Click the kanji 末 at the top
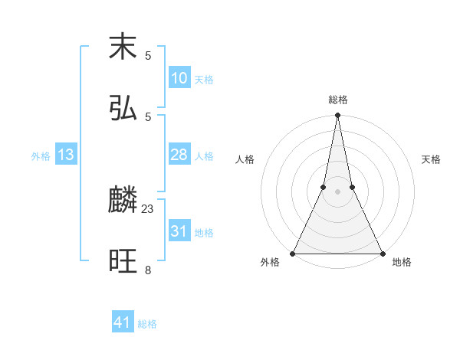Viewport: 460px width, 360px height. [123, 47]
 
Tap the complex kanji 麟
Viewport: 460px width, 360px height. [123, 201]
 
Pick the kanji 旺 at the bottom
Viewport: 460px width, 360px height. [123, 262]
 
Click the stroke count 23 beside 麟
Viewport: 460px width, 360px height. [148, 208]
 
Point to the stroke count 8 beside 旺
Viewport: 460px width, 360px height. [148, 270]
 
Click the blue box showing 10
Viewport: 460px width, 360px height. [179, 78]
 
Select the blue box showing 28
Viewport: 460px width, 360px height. [179, 155]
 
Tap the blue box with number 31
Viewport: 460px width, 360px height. [179, 231]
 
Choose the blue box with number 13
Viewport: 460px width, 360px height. [66, 155]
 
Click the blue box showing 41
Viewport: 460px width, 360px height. [123, 322]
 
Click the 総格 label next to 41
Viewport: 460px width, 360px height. [147, 324]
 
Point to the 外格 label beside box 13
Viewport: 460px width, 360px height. [41, 156]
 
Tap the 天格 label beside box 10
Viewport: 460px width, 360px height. [204, 80]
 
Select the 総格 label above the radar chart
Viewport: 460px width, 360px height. [337, 100]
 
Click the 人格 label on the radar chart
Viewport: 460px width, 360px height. [245, 159]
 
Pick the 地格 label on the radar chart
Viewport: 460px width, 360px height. [402, 263]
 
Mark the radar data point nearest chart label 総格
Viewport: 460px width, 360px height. [337, 116]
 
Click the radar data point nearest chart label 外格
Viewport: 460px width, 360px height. [293, 253]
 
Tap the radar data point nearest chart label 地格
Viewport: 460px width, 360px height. [382, 253]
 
